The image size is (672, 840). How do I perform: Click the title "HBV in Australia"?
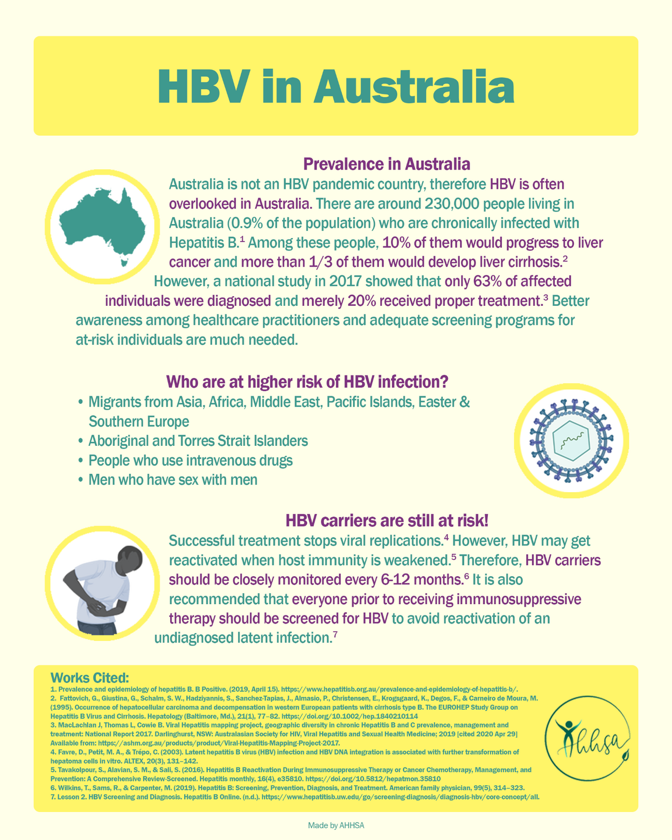coord(335,87)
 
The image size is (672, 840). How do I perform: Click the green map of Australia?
coord(102,227)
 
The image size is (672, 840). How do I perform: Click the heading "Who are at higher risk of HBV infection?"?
coord(307,382)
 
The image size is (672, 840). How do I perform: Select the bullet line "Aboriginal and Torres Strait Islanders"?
coord(198,441)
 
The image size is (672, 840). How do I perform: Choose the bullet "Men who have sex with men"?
coord(172,480)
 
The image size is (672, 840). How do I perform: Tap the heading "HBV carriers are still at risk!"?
coord(387,521)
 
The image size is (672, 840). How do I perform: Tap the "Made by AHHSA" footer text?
coord(336,825)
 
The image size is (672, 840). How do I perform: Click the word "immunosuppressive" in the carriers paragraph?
coord(524,599)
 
